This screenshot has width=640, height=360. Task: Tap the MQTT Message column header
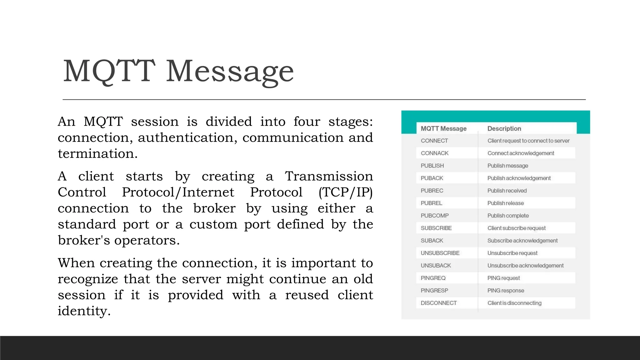pos(443,128)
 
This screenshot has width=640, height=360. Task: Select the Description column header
pos(504,128)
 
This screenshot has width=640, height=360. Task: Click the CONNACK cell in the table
pos(434,153)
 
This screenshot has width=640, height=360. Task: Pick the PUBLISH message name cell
pos(432,166)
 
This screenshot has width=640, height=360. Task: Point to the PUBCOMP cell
pos(434,216)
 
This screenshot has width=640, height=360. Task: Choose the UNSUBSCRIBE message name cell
pos(440,253)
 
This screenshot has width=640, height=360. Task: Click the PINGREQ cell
pos(433,278)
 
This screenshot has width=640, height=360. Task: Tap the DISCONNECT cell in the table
pos(438,303)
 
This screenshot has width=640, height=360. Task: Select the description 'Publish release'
pos(505,203)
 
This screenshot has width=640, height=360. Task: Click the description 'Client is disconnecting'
pos(514,303)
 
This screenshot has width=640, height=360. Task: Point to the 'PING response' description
pos(506,291)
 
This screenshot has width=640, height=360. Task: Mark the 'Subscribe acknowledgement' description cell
pos(522,241)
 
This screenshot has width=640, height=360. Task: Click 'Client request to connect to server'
pos(528,141)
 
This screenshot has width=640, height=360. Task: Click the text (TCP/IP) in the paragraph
pos(345,192)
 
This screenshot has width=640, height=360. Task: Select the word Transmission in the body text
pos(329,176)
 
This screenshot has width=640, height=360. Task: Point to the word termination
pos(97,154)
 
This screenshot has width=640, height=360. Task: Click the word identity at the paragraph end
pos(84,311)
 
